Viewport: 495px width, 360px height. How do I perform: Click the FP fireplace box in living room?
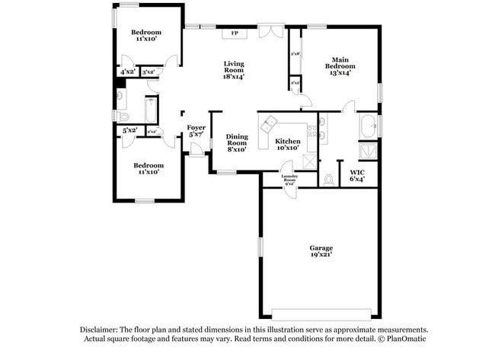point(235,33)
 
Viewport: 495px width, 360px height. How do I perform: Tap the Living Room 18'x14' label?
point(234,70)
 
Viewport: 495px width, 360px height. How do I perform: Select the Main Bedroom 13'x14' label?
point(339,65)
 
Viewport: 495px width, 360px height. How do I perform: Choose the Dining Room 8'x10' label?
point(237,143)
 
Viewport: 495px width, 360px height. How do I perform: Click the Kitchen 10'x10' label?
point(288,145)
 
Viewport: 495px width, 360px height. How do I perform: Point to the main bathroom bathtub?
point(368,124)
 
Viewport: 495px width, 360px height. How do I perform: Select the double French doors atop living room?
point(269,30)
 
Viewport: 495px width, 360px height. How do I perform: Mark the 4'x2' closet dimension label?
point(127,72)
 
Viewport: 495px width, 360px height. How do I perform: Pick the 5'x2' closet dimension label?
point(129,131)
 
